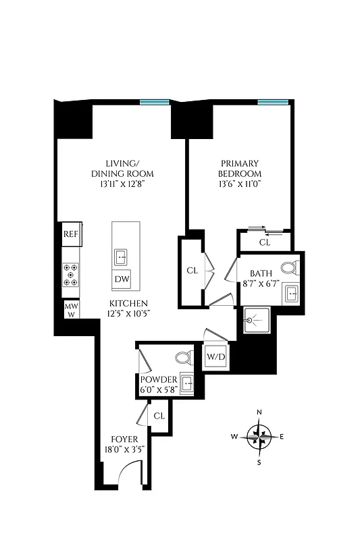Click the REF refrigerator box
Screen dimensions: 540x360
coord(71,234)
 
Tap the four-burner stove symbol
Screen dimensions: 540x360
coord(71,275)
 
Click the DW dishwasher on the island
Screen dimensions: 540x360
coord(122,279)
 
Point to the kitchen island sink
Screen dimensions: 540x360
coord(122,256)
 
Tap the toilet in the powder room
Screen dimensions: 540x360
coord(182,358)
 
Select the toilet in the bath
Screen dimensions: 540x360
coord(289,268)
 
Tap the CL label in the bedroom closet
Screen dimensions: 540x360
coord(264,242)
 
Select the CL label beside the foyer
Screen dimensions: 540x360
coord(159,416)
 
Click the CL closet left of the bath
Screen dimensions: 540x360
coord(192,271)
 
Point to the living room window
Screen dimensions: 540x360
coord(155,102)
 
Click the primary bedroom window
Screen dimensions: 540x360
coord(272,102)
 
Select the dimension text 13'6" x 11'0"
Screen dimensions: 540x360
coord(240,183)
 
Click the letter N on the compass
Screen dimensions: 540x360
coord(259,412)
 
